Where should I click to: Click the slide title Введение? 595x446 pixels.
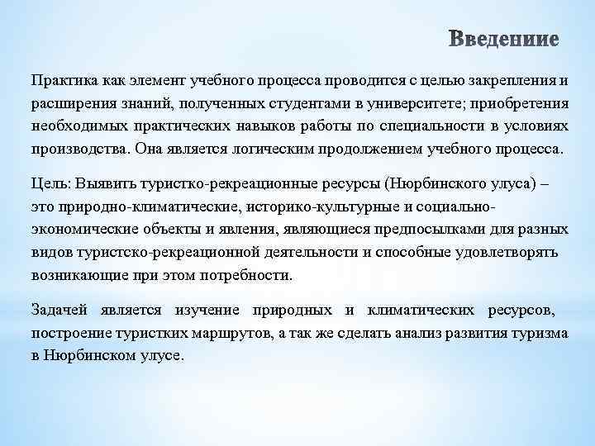(504, 40)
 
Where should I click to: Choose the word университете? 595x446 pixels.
(413, 105)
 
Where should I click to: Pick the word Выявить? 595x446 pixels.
(102, 183)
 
